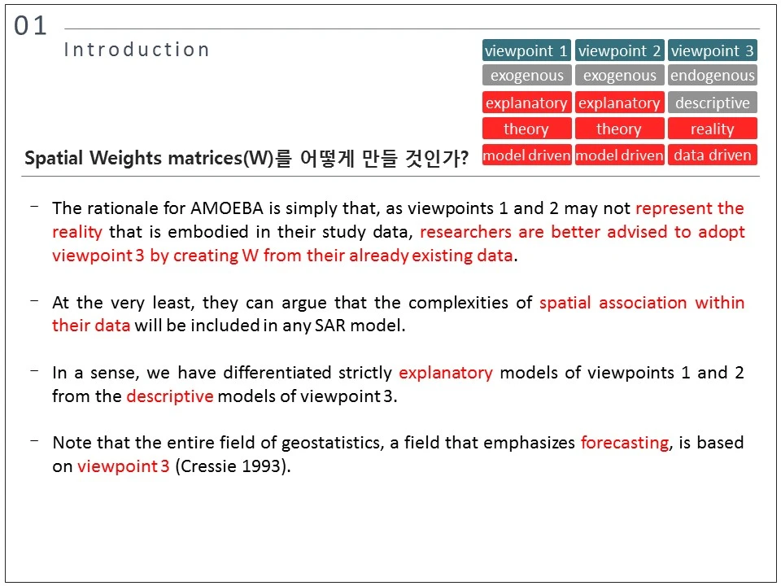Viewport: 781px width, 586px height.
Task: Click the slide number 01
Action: pyautogui.click(x=30, y=26)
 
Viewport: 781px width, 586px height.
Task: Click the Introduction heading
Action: pyautogui.click(x=137, y=50)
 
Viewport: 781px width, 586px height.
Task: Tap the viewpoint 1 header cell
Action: pyautogui.click(x=526, y=50)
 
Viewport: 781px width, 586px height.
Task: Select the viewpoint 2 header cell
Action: pyautogui.click(x=620, y=50)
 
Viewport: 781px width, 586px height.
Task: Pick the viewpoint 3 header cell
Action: pyautogui.click(x=713, y=50)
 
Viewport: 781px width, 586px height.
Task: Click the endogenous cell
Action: pyautogui.click(x=713, y=75)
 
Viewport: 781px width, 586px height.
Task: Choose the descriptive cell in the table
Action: pyautogui.click(x=713, y=103)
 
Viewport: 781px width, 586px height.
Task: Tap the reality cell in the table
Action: pyautogui.click(x=713, y=129)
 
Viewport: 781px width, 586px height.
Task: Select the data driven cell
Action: pyautogui.click(x=713, y=155)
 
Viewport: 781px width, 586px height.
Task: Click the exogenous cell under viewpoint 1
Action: pyautogui.click(x=526, y=75)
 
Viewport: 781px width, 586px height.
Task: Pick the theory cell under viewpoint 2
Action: pyautogui.click(x=620, y=129)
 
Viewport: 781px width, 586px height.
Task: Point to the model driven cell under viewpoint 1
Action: pyautogui.click(x=526, y=155)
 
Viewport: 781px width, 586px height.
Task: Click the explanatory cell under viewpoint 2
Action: pyautogui.click(x=620, y=103)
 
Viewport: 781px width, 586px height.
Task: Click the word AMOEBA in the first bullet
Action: pyautogui.click(x=227, y=208)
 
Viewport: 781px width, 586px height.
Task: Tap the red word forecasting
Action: pyautogui.click(x=625, y=443)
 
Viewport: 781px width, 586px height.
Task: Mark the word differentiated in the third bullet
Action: pyautogui.click(x=277, y=373)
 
